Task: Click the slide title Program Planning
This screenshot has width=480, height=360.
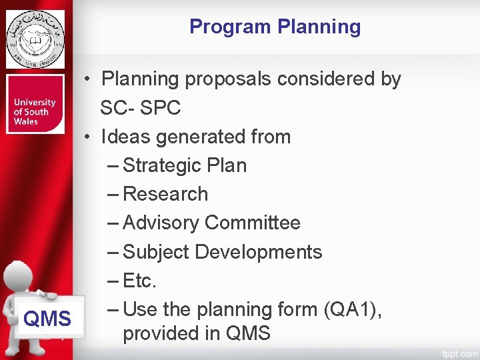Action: click(x=275, y=27)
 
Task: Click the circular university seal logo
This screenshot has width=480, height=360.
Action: click(x=35, y=39)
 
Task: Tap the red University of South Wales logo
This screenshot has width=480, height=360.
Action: click(x=35, y=105)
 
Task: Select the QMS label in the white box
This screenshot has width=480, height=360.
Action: click(x=47, y=319)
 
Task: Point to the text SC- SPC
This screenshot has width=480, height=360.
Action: click(x=140, y=107)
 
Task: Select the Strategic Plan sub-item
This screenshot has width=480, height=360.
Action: click(x=185, y=165)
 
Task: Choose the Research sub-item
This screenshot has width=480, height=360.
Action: click(x=165, y=194)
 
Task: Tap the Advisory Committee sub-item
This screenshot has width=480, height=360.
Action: click(x=211, y=223)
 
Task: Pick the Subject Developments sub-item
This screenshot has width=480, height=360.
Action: click(x=222, y=252)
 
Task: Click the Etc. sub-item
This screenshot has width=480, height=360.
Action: click(x=139, y=281)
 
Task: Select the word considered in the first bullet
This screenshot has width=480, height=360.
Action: click(x=327, y=79)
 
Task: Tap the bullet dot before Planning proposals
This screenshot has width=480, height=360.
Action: click(x=87, y=79)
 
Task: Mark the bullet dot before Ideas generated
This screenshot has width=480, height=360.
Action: click(x=87, y=137)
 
